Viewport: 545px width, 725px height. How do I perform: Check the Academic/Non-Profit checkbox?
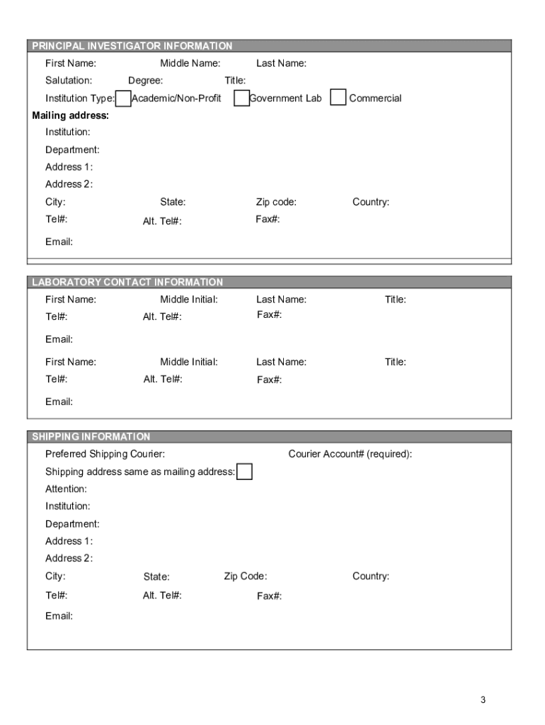point(123,98)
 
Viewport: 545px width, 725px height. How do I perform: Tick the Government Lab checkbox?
point(241,98)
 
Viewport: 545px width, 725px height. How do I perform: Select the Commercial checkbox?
point(339,98)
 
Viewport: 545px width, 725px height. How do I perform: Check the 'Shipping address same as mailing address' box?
point(244,472)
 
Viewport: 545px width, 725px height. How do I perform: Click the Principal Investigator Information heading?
point(132,46)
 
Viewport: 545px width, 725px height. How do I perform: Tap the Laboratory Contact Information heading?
point(127,282)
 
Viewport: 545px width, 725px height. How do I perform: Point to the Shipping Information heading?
point(91,437)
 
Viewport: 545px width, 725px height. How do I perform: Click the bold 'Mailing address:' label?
point(71,115)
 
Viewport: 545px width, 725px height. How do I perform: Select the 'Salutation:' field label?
point(69,81)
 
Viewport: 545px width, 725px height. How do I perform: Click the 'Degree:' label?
point(145,81)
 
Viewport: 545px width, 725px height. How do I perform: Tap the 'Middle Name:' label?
point(190,64)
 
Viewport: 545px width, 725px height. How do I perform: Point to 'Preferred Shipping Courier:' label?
point(105,454)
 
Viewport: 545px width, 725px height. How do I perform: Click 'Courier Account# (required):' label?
point(350,454)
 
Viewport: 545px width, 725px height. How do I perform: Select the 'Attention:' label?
point(67,489)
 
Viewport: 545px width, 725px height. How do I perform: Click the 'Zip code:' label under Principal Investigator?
point(276,202)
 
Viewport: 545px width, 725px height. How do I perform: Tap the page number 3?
point(483,700)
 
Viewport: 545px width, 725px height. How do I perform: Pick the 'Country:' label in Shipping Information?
point(371,576)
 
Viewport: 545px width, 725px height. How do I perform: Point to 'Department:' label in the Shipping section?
point(72,524)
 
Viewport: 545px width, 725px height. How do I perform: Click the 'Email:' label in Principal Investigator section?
point(59,242)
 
